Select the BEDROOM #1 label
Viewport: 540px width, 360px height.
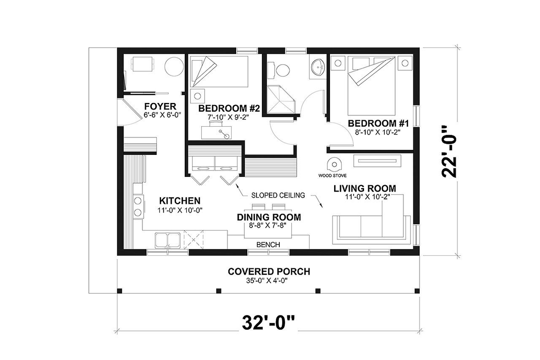(x=378, y=123)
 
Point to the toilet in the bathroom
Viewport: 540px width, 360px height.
(x=280, y=69)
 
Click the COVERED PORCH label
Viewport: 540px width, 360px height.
(x=269, y=271)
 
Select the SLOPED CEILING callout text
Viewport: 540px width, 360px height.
(x=278, y=195)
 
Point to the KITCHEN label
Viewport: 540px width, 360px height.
(x=179, y=200)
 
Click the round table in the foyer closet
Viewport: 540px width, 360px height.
(x=173, y=66)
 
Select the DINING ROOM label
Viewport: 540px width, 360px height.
(x=269, y=217)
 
